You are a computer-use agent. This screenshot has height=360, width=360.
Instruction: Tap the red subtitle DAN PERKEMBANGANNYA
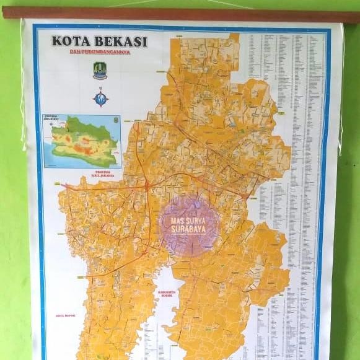click(100, 53)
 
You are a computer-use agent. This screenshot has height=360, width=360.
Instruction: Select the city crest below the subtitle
click(100, 69)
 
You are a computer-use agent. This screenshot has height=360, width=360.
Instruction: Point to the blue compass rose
click(100, 97)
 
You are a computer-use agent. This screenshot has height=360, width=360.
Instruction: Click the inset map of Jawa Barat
click(82, 141)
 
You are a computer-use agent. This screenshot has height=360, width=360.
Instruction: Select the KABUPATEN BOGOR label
click(166, 294)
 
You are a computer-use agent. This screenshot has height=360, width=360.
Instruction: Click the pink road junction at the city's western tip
click(64, 185)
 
